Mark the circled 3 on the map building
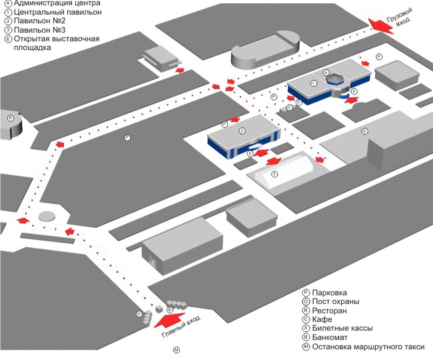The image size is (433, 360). (x=274, y=174)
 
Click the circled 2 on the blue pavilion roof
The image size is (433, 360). (x=242, y=131)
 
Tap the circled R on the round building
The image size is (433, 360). (x=11, y=118)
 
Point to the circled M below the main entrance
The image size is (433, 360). (x=177, y=350)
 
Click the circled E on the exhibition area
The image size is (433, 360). (x=364, y=131)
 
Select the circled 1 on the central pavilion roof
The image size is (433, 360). (x=313, y=83)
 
